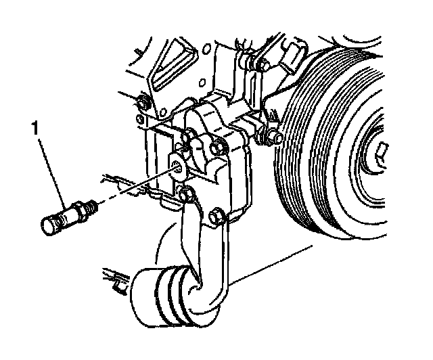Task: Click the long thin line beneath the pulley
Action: pyautogui.click(x=271, y=264)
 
